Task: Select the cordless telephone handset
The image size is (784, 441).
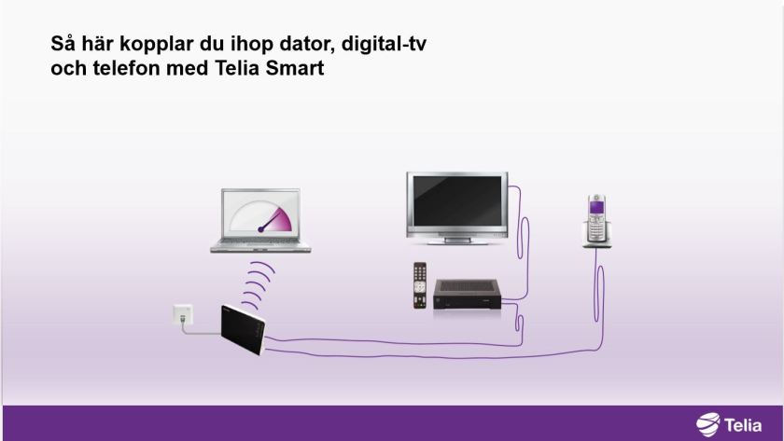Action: tap(595, 219)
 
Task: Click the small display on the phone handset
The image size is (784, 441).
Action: tap(595, 209)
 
